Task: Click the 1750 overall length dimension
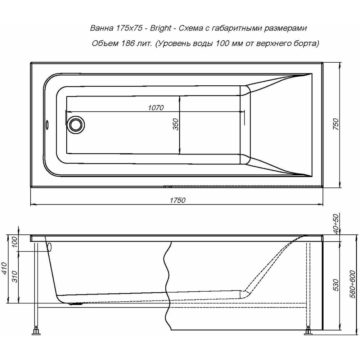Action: [x=177, y=200]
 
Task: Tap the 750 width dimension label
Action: [x=336, y=124]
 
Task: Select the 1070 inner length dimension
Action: [x=156, y=107]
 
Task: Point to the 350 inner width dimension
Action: [x=175, y=124]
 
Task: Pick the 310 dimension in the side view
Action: [x=14, y=276]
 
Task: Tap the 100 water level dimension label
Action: [x=14, y=242]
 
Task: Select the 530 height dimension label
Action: [x=336, y=285]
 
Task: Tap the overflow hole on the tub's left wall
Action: [x=47, y=125]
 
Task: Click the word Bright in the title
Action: [x=161, y=28]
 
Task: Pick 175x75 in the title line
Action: [x=128, y=28]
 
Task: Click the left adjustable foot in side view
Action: [x=36, y=332]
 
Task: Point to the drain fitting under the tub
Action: [x=76, y=304]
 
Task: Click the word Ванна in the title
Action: [x=102, y=28]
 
